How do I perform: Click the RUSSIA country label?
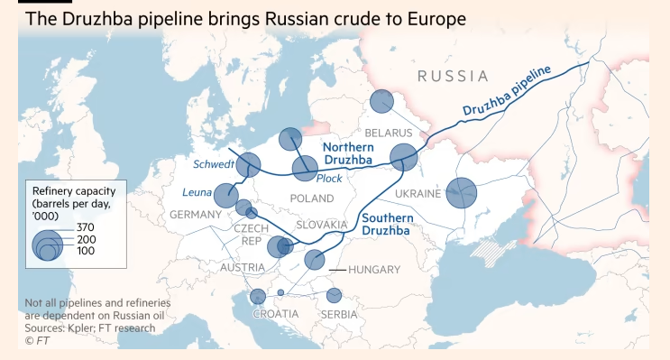[x=453, y=77]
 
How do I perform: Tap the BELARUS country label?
[x=387, y=133]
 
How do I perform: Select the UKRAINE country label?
[x=418, y=194]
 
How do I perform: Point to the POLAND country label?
[x=312, y=198]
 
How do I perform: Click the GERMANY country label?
[x=196, y=215]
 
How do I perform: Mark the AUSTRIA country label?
[x=243, y=267]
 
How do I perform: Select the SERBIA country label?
[x=341, y=314]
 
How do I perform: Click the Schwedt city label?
[x=215, y=164]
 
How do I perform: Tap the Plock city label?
[x=329, y=179]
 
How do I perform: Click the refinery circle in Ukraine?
[x=462, y=192]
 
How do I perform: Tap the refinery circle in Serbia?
[x=334, y=295]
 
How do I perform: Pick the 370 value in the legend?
[x=86, y=226]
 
